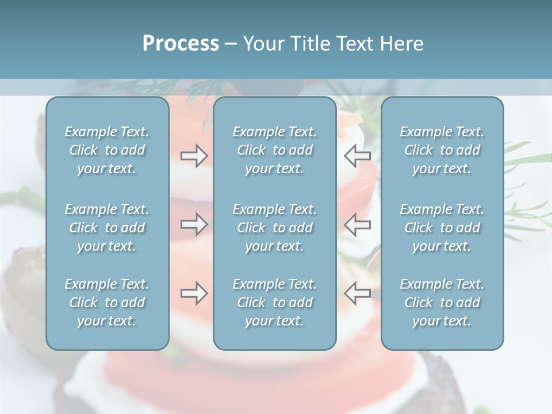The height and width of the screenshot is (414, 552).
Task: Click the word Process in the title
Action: pos(181,44)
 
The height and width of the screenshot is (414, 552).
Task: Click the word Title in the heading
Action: pos(310,44)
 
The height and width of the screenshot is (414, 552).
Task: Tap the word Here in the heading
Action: pos(402,44)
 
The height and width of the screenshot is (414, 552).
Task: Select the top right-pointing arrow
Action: pos(194,155)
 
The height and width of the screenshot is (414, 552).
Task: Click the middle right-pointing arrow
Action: pos(194,224)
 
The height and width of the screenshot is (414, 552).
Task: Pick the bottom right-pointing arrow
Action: pos(194,293)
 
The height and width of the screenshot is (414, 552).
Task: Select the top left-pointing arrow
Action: pos(358,155)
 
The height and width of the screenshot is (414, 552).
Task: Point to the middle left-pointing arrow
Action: pos(358,224)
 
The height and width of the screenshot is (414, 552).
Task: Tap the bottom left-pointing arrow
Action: pos(358,293)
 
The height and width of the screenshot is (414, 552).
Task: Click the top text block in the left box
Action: pos(107,150)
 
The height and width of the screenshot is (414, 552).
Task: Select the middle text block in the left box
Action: pos(107,228)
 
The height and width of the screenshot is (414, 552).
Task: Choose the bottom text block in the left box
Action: pos(107,302)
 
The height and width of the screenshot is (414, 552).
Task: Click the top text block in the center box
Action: pos(275,150)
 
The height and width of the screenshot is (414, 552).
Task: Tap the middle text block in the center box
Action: pos(275,228)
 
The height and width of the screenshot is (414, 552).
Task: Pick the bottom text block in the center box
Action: pos(275,302)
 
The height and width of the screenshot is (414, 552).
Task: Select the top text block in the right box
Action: pos(442,150)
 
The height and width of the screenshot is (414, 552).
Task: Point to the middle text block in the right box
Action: pos(442,228)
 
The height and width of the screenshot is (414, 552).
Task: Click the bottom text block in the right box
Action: pos(442,302)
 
